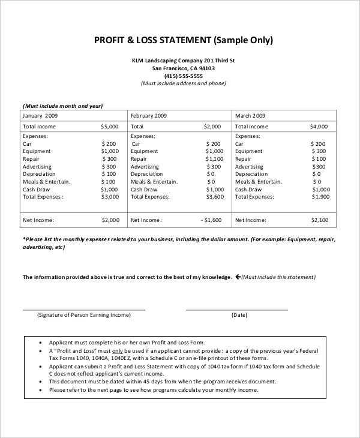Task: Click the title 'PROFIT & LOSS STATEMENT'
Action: tap(152, 41)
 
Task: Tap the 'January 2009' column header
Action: tap(40, 116)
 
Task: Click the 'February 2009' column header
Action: tap(149, 116)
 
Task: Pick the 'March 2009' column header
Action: tap(250, 116)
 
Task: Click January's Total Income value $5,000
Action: tap(110, 127)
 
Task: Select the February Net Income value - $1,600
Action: tap(211, 220)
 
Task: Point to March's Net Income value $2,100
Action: tap(319, 220)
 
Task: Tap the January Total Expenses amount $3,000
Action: tap(110, 197)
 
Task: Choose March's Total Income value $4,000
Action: tap(319, 127)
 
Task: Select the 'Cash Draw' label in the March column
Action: tap(249, 190)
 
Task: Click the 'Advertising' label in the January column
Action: tap(37, 167)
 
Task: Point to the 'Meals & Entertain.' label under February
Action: tap(154, 182)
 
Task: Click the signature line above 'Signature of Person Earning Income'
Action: tap(84, 310)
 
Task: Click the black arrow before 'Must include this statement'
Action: tap(238, 277)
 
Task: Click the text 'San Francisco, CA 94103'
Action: tap(184, 68)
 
